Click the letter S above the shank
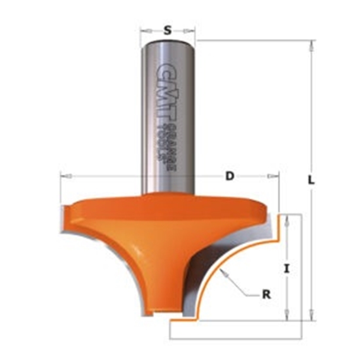[x=168, y=29]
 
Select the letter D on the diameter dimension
[x=229, y=176]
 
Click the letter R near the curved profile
[x=266, y=295]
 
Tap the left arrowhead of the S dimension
[x=143, y=29]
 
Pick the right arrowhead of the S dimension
[x=194, y=29]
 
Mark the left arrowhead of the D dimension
[x=62, y=176]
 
